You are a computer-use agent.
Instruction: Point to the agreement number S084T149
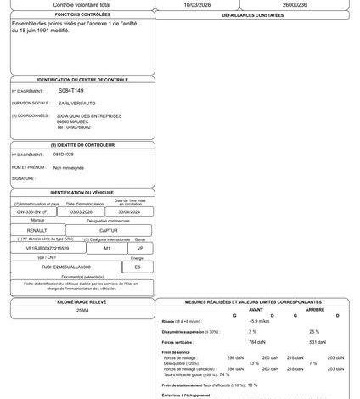click(70, 89)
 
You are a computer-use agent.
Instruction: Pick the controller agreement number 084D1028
click(65, 155)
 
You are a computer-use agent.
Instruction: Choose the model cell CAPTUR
click(110, 229)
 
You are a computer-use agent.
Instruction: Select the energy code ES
click(138, 266)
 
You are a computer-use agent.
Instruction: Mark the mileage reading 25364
click(82, 312)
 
